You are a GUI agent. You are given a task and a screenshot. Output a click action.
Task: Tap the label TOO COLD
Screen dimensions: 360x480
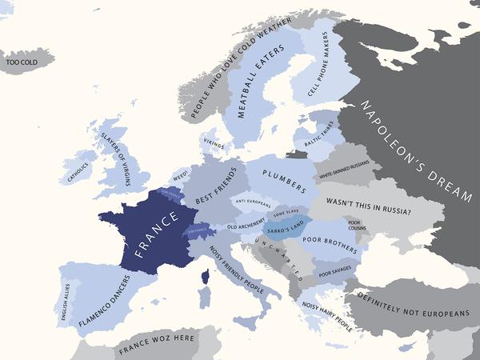point(22,62)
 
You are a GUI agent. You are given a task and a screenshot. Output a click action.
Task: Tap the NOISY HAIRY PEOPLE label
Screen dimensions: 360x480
point(329,314)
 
